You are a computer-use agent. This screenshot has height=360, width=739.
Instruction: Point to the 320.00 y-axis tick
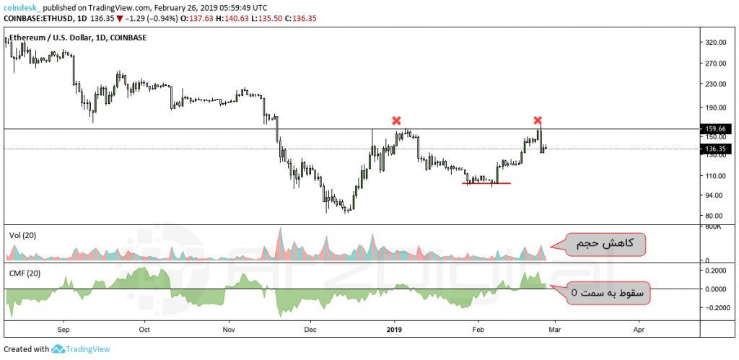pos(715,43)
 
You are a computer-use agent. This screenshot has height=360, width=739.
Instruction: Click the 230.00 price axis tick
pos(715,84)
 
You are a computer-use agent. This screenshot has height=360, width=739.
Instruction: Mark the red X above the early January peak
pos(395,120)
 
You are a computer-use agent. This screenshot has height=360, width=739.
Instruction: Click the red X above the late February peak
pos(538,120)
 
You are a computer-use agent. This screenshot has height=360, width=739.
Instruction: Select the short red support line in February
pos(486,183)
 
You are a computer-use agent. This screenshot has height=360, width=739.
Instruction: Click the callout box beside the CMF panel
pos(608,293)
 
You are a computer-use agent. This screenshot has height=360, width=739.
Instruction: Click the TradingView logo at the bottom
pos(82,349)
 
